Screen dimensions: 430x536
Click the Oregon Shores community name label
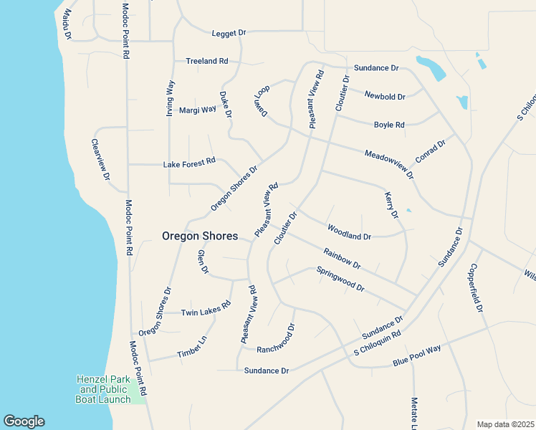[x=200, y=236]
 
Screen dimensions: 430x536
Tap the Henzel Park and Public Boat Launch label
[x=103, y=389]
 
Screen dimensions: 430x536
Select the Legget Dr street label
[x=229, y=33]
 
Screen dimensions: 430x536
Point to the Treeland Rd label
[x=206, y=62]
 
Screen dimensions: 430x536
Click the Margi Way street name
[x=197, y=110]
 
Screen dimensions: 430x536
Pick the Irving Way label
[x=171, y=98]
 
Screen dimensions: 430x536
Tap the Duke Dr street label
[x=226, y=105]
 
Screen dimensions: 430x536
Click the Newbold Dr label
[x=385, y=96]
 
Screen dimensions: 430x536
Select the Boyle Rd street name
[x=389, y=125]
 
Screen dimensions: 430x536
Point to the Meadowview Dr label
[x=389, y=164]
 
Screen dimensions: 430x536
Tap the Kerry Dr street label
[x=391, y=205]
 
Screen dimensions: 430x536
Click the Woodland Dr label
[x=349, y=232]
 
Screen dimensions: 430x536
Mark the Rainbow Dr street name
[x=342, y=258]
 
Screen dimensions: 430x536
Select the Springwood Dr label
[x=340, y=279]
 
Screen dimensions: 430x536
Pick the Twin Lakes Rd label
[x=206, y=308]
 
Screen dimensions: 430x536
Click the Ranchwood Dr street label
[x=276, y=338]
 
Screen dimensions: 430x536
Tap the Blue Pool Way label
[x=416, y=356]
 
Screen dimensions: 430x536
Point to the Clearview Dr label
[x=100, y=160]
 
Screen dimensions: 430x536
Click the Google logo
[x=24, y=421]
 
